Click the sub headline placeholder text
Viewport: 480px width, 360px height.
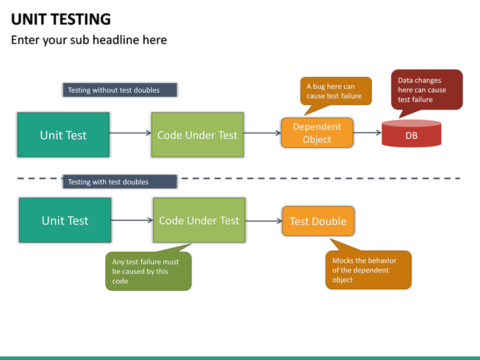[x=89, y=40]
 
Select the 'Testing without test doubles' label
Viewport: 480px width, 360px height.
[x=120, y=90]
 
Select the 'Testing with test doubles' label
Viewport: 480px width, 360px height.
[x=120, y=181]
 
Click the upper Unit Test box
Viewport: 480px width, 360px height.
[x=63, y=135]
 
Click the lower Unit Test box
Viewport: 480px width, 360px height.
[x=65, y=220]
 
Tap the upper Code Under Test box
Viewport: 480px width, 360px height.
[x=197, y=135]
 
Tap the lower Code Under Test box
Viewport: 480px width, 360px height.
[x=199, y=220]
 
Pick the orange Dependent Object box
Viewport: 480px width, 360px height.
[x=317, y=133]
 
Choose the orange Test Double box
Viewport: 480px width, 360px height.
[x=318, y=221]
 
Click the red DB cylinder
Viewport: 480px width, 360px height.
[x=411, y=134]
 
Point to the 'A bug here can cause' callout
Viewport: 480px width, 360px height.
[x=335, y=91]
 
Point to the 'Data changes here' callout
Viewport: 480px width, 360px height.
[x=425, y=90]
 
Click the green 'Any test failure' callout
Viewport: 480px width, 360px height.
[x=148, y=271]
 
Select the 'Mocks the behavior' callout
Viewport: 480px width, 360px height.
[x=369, y=270]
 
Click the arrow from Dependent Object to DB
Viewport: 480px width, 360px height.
[x=367, y=133]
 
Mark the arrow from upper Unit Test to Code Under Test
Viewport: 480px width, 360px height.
[x=130, y=133]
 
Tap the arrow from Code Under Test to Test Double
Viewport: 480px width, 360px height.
[x=263, y=221]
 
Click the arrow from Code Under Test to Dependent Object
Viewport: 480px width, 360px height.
[x=262, y=133]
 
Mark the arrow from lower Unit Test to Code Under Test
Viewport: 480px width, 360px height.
[x=131, y=219]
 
